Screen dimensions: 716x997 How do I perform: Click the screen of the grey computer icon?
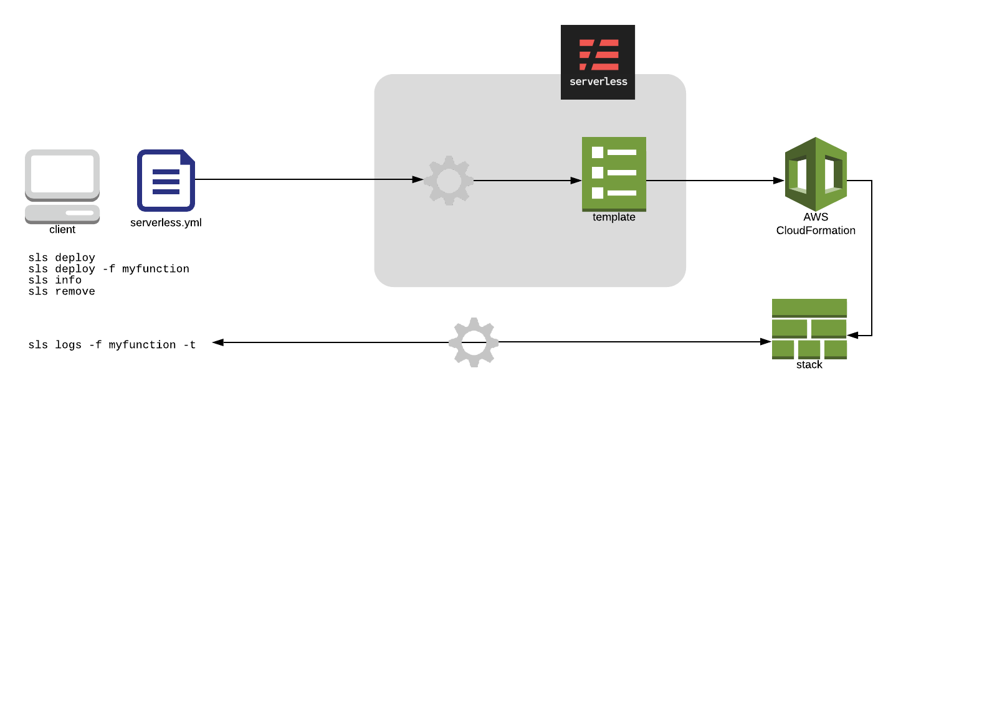tap(62, 174)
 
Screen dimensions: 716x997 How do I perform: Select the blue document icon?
tap(166, 181)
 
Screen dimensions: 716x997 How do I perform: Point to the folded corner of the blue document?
tap(188, 157)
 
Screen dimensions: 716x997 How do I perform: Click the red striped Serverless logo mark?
tap(599, 55)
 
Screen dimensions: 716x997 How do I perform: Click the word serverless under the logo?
tap(598, 82)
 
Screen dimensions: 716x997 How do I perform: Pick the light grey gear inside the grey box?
tap(449, 181)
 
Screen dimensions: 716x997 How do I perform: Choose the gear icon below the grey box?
tap(474, 342)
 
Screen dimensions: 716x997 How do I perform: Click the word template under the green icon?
tap(614, 217)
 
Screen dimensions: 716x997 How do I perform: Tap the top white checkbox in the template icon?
tap(598, 153)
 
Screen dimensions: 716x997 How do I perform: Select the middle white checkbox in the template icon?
tap(598, 172)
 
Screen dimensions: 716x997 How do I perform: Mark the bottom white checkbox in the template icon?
tap(598, 193)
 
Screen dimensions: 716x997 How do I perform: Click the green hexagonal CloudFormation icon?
tap(816, 174)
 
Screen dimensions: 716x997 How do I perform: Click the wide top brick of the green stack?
tap(809, 308)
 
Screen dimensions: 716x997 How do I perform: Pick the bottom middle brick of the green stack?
tap(809, 349)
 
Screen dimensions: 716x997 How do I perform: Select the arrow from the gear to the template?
tap(523, 181)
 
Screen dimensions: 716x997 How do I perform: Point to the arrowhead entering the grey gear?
tap(418, 179)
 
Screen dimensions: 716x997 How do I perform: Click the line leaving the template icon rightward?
tap(666, 181)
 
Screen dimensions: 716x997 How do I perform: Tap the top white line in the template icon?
tap(622, 153)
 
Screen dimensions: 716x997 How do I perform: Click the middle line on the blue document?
tap(166, 182)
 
